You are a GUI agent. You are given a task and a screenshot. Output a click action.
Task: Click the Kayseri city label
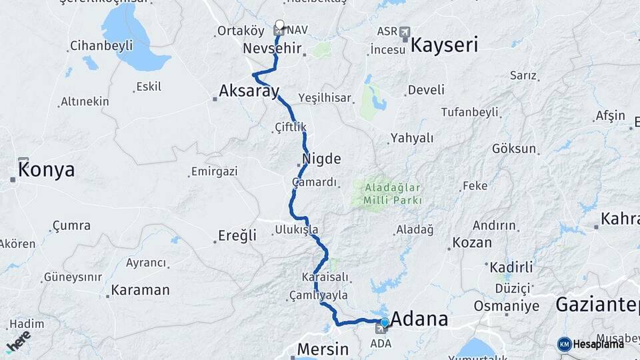[445, 45]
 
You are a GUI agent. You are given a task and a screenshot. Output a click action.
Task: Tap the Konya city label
[46, 171]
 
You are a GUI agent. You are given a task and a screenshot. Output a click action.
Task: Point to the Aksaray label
[249, 91]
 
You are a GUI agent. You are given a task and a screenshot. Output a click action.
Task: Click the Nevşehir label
[272, 49]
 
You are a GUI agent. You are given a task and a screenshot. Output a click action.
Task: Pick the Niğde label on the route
[321, 159]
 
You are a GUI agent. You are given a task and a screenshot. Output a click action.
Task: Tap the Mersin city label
[323, 349]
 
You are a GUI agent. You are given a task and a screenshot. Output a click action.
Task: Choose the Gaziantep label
[597, 305]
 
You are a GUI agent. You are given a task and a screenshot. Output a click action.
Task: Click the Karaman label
[140, 290]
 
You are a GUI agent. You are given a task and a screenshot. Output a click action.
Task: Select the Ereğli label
[237, 235]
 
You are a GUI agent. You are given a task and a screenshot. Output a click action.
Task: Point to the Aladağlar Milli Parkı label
[393, 194]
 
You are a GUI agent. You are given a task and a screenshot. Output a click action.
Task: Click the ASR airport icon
[405, 31]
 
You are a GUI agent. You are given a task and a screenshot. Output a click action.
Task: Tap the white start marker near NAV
[279, 25]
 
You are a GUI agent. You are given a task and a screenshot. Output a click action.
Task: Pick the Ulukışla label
[296, 230]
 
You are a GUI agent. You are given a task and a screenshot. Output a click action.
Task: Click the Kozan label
[472, 243]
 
